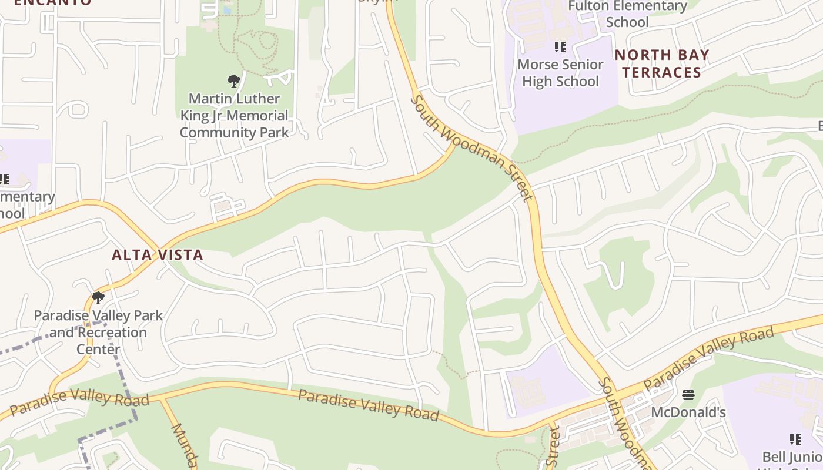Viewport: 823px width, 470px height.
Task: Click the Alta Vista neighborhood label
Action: (158, 254)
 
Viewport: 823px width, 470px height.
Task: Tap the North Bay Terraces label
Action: (662, 63)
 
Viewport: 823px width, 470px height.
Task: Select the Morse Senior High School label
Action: (560, 73)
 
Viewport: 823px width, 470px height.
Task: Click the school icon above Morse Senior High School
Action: (560, 46)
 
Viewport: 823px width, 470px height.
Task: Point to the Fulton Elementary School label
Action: (627, 14)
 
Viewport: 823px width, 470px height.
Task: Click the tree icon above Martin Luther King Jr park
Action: (233, 80)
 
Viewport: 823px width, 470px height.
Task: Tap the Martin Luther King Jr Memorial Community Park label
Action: (234, 115)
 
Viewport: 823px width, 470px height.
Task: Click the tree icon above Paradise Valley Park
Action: (98, 298)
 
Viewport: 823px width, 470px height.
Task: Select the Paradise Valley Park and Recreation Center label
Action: (98, 332)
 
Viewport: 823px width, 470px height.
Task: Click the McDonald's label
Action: (688, 412)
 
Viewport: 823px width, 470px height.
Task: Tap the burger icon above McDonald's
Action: (688, 394)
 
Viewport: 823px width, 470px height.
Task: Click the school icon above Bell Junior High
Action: (795, 439)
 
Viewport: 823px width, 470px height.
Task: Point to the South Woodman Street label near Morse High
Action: (471, 147)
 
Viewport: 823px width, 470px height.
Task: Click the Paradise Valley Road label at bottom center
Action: (369, 405)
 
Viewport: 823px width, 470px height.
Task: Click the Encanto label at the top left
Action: (53, 2)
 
